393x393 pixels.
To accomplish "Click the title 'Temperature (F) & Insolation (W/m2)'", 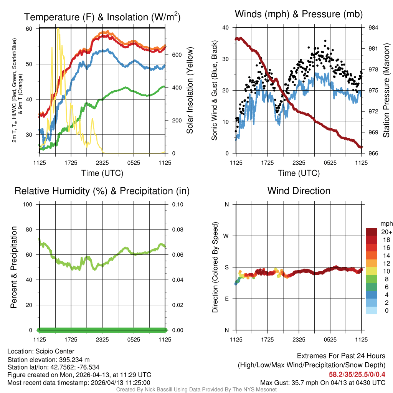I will (x=102, y=17).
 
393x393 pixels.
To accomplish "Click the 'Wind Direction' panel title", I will (x=299, y=191).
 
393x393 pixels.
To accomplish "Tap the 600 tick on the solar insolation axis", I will (x=177, y=55).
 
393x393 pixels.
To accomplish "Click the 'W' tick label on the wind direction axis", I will (x=226, y=236).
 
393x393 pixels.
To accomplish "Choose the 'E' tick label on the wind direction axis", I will (x=226, y=299).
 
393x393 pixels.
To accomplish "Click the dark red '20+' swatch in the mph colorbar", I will (x=372, y=232).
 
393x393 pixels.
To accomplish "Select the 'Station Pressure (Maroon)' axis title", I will (x=386, y=91).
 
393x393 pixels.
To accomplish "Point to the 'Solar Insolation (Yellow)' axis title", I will (x=190, y=91).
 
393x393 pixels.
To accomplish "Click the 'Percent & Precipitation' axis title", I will (x=14, y=267).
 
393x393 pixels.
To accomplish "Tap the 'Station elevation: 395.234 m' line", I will (x=48, y=360).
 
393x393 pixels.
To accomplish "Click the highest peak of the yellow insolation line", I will (x=58, y=28).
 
